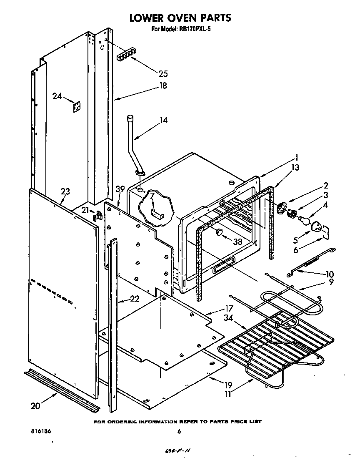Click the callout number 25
point(163,74)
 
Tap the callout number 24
point(57,96)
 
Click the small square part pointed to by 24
point(76,107)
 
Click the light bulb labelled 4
point(304,218)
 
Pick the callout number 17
point(228,309)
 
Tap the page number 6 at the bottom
point(178,432)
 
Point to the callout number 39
point(120,189)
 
